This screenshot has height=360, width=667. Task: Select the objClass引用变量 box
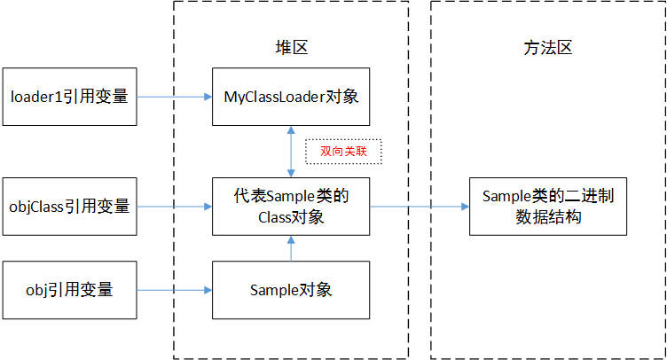69,207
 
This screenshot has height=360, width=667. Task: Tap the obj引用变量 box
69,290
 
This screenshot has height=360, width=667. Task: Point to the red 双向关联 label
343,152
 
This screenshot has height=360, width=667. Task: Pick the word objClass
36,207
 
